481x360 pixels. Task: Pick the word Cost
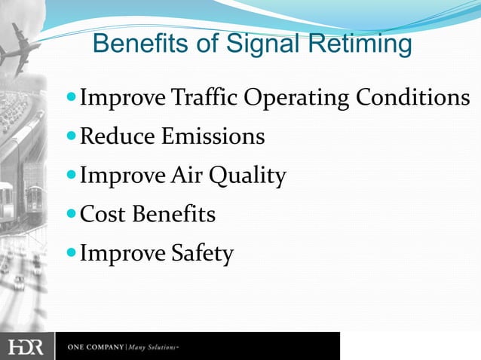103,215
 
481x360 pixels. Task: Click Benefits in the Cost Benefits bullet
173,215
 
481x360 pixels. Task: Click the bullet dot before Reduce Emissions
72,138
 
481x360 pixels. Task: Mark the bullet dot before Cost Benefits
72,215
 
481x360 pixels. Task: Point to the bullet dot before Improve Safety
72,255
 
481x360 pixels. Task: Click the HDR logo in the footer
26,347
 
